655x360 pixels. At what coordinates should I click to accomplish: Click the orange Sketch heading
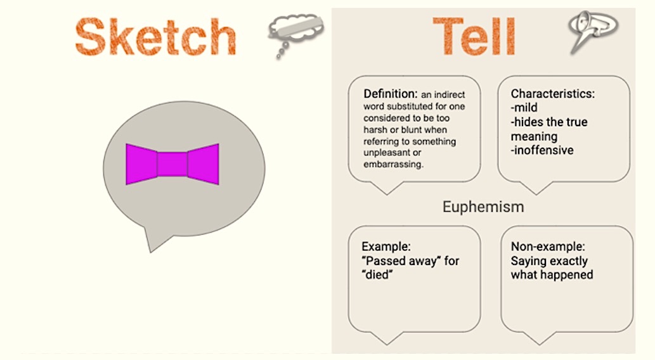(155, 36)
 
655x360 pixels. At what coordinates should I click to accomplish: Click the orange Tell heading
(474, 36)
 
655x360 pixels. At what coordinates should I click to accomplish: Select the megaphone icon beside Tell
(593, 30)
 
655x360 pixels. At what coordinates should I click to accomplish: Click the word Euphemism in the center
(483, 207)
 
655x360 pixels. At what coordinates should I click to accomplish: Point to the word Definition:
(390, 94)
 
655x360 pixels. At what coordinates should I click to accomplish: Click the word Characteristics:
(553, 94)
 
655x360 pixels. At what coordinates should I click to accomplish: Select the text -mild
(524, 108)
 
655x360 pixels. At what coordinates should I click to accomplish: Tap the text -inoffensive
(542, 150)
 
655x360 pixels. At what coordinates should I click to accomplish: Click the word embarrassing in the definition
(392, 165)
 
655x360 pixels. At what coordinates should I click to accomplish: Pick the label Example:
(386, 247)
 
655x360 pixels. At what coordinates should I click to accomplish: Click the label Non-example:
(548, 247)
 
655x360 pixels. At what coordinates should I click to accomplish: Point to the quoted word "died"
(378, 275)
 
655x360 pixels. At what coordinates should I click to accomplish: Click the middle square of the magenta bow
(172, 164)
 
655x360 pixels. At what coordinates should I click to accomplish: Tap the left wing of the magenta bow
(141, 164)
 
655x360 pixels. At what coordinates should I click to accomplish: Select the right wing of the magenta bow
(203, 164)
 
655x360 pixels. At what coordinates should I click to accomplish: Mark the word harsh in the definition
(375, 130)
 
